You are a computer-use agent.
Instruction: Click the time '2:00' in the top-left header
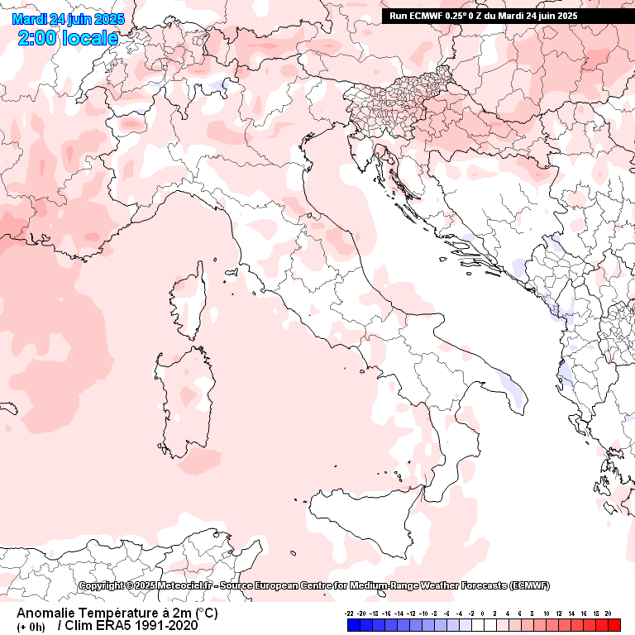point(38,37)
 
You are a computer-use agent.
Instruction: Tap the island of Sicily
point(364,517)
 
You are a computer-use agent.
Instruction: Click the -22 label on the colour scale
point(351,613)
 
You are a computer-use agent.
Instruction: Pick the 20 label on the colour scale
point(608,613)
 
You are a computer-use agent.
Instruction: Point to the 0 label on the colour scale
point(481,613)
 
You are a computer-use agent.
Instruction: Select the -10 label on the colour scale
point(423,613)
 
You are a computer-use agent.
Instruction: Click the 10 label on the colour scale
point(547,613)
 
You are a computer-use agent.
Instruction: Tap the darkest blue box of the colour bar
point(353,625)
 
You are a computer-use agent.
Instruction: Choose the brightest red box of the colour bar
point(614,625)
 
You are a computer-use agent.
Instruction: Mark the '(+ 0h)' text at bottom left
point(31,626)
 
